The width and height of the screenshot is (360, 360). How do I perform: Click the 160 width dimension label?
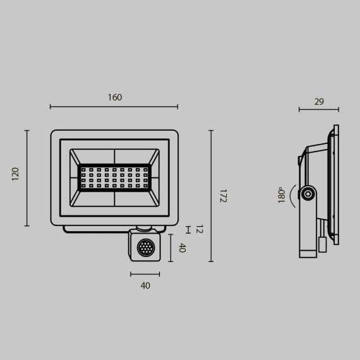click(x=114, y=97)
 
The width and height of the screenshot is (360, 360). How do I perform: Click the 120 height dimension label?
click(x=15, y=174)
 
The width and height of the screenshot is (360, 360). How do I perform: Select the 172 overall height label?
click(x=223, y=195)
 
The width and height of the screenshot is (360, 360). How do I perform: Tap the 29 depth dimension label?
click(x=319, y=101)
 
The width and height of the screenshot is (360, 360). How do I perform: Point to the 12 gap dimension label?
click(x=199, y=229)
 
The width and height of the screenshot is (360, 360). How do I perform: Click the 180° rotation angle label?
click(x=282, y=195)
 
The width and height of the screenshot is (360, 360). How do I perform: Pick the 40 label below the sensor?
click(x=145, y=285)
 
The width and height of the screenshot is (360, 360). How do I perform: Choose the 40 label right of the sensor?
click(x=182, y=248)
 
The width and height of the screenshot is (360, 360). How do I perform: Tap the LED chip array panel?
click(x=114, y=177)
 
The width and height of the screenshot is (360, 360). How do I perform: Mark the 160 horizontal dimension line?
click(x=114, y=107)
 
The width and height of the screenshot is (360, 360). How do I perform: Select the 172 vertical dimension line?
click(x=211, y=196)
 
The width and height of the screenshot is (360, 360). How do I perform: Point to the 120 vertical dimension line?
click(x=27, y=177)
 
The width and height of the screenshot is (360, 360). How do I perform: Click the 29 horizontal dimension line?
click(x=318, y=110)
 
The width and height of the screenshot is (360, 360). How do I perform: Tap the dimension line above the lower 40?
click(x=145, y=274)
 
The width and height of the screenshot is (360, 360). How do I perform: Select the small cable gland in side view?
click(x=323, y=244)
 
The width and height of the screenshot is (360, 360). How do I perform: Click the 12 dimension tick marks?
click(x=188, y=229)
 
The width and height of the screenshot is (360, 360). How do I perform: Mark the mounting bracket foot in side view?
click(x=308, y=253)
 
